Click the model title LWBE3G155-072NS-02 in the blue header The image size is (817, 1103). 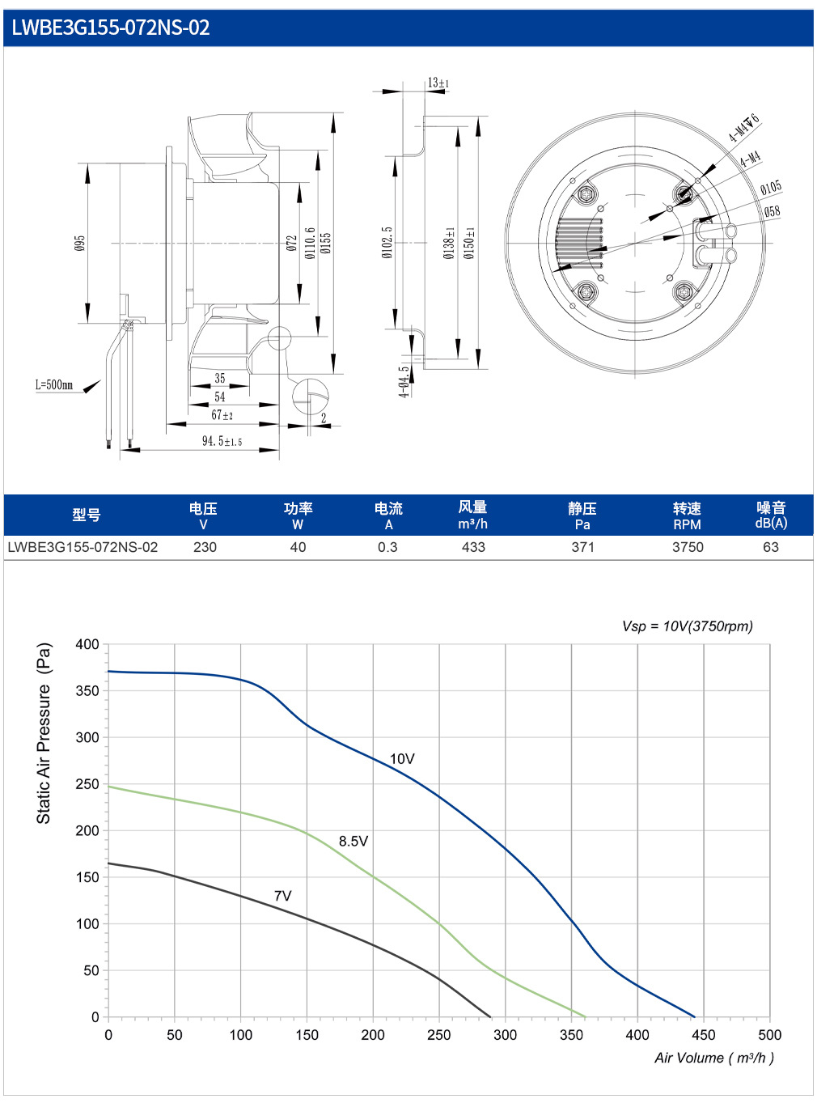pyautogui.click(x=110, y=28)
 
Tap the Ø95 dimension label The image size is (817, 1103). pyautogui.click(x=80, y=243)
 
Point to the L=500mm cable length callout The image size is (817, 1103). pyautogui.click(x=53, y=384)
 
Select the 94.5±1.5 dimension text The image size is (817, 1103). pyautogui.click(x=222, y=441)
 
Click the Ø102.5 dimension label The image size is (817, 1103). pyautogui.click(x=387, y=242)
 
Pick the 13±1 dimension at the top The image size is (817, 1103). pyautogui.click(x=438, y=83)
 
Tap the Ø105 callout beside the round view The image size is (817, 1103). pyautogui.click(x=771, y=188)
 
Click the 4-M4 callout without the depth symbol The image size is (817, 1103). pyautogui.click(x=751, y=159)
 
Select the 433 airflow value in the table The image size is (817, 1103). pyautogui.click(x=473, y=547)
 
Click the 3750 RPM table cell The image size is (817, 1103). pyautogui.click(x=688, y=547)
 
